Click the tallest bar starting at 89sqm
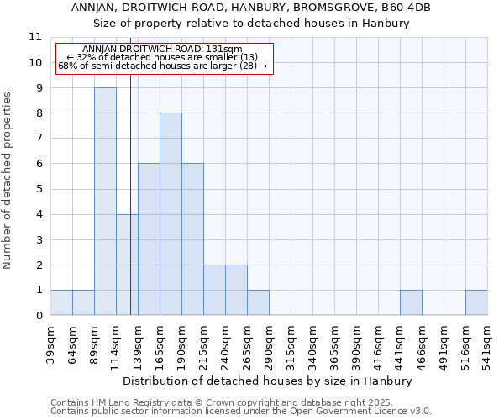click(x=105, y=202)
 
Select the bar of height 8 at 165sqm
click(x=171, y=214)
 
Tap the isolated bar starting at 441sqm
click(x=411, y=302)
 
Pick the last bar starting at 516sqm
click(x=476, y=302)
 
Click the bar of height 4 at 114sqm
click(x=127, y=265)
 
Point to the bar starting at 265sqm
click(x=258, y=302)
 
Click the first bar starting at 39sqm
click(x=61, y=302)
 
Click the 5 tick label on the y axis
click(x=39, y=189)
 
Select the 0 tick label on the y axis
click(x=39, y=316)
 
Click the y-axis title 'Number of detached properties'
click(x=8, y=181)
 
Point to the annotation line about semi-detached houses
click(x=164, y=66)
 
